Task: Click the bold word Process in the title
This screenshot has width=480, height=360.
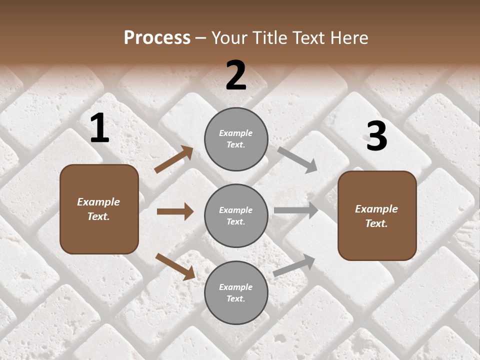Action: point(157,38)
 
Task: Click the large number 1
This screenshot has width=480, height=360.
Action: point(99,128)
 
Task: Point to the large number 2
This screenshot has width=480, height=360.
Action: point(236,75)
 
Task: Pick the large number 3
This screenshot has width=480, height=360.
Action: point(376,136)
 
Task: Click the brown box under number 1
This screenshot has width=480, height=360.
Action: point(99,209)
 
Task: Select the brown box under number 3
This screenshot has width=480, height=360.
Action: point(377,215)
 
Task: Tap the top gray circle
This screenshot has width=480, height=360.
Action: point(236,139)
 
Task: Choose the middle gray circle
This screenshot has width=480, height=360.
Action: point(236,215)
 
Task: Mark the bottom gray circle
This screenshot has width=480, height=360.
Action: point(236,292)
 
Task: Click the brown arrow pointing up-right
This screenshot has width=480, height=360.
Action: point(173,159)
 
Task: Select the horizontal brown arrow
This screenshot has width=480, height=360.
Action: point(175,211)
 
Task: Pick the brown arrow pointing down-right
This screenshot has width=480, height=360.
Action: point(175,266)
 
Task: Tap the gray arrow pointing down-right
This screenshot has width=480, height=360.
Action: point(297,160)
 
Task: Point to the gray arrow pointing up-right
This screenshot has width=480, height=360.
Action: point(294,265)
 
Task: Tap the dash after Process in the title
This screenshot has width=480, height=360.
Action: point(201,38)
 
